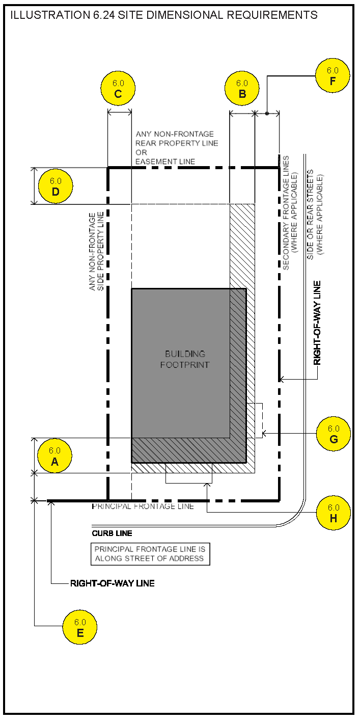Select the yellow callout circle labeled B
coord(242,88)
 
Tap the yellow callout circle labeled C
coord(118,88)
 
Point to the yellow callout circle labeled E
coord(80,628)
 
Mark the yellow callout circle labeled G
coord(333,434)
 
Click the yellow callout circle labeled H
coord(333,513)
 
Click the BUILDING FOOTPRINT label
coord(185,359)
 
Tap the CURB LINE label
coord(112,533)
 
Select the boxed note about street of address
coord(149,554)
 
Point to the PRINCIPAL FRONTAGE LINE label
coord(143,506)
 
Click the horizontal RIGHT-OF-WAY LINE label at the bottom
coord(112,583)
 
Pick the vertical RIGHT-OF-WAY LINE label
coord(317,323)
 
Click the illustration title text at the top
coord(164,15)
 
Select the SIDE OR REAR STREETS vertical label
coord(315,214)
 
